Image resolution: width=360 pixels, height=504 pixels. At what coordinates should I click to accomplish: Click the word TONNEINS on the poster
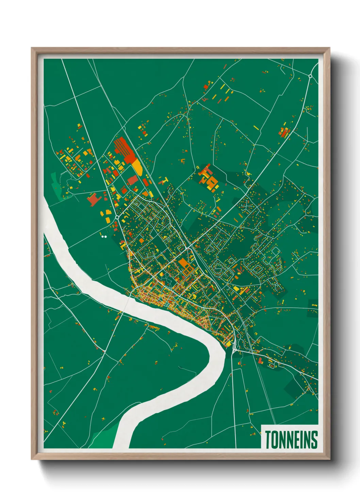tap(291, 439)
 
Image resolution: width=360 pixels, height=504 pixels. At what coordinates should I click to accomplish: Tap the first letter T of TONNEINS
tap(267, 439)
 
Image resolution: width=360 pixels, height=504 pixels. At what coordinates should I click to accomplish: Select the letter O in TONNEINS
tap(274, 439)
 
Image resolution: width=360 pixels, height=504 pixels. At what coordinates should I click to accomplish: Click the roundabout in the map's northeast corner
tap(310, 76)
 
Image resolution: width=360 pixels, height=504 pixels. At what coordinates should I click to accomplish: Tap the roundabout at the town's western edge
tap(117, 217)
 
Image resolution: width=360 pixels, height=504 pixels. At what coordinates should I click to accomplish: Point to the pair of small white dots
tap(104, 236)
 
